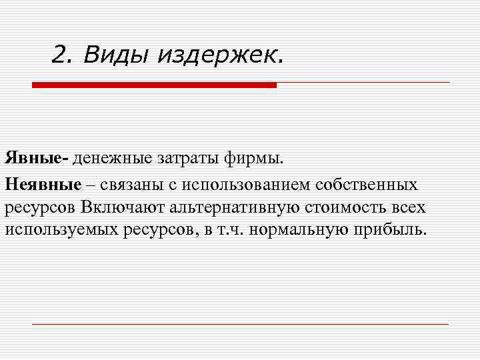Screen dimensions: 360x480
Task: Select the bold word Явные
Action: [x=35, y=159]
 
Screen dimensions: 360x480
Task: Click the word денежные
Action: [x=113, y=159]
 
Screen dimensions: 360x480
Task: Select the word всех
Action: [x=406, y=207]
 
